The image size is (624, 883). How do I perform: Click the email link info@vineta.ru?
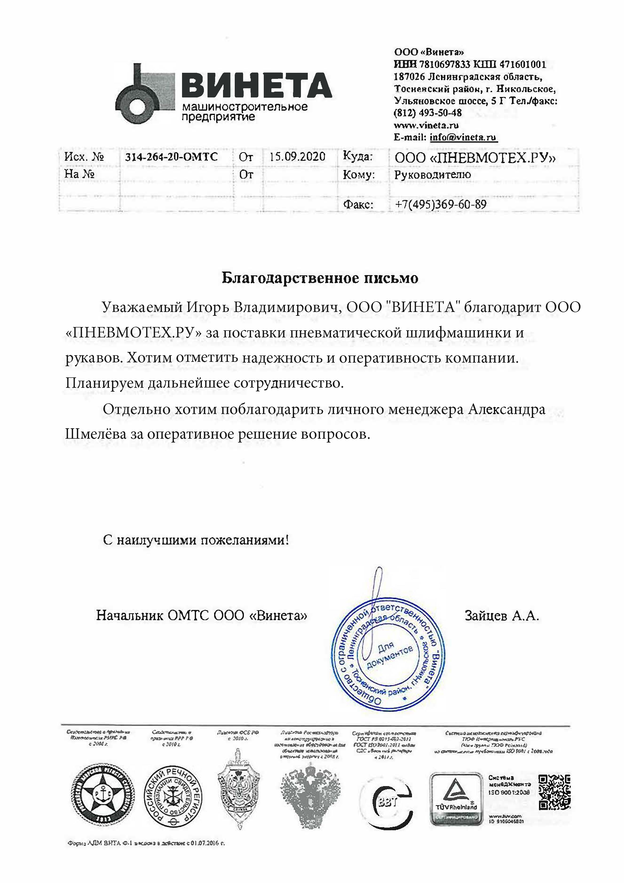point(463,137)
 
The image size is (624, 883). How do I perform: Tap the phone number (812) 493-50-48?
point(427,113)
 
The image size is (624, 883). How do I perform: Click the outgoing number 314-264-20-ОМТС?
point(171,157)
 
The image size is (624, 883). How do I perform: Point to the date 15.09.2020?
point(297,157)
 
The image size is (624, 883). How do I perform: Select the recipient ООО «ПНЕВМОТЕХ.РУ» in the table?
point(475,158)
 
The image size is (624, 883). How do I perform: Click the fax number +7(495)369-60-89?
point(440,204)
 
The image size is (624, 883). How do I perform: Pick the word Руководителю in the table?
point(432,175)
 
